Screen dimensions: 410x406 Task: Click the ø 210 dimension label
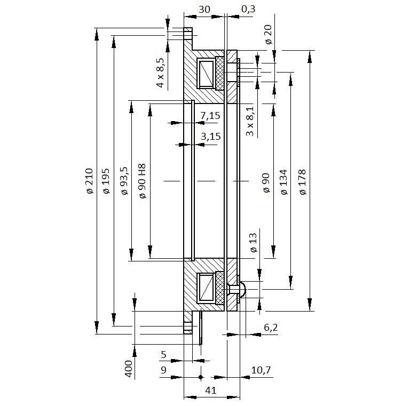pyautogui.click(x=90, y=181)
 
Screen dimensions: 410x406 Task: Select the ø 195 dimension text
pyautogui.click(x=106, y=181)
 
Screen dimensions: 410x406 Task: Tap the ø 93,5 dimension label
pyautogui.click(x=124, y=181)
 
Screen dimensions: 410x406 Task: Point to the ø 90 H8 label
pyautogui.click(x=142, y=181)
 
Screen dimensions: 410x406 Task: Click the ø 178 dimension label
pyautogui.click(x=303, y=182)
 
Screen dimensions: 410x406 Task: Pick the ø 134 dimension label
pyautogui.click(x=283, y=182)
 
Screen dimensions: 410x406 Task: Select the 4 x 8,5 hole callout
pyautogui.click(x=160, y=73)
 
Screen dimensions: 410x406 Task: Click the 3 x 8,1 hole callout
pyautogui.click(x=250, y=121)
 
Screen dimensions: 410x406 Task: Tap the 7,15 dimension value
pyautogui.click(x=210, y=115)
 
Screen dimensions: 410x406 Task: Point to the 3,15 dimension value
pyautogui.click(x=211, y=137)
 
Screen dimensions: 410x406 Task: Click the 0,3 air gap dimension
pyautogui.click(x=248, y=9)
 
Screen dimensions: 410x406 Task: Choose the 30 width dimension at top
pyautogui.click(x=204, y=10)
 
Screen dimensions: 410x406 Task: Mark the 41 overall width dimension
pyautogui.click(x=211, y=391)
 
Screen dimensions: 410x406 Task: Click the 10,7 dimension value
pyautogui.click(x=261, y=370)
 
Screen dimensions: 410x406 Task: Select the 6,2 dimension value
pyautogui.click(x=271, y=328)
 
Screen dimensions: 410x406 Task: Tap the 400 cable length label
pyautogui.click(x=129, y=369)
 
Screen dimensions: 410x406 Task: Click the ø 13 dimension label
pyautogui.click(x=254, y=243)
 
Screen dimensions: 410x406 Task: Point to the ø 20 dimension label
pyautogui.click(x=269, y=34)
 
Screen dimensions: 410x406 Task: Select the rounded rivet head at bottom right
pyautogui.click(x=243, y=289)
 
